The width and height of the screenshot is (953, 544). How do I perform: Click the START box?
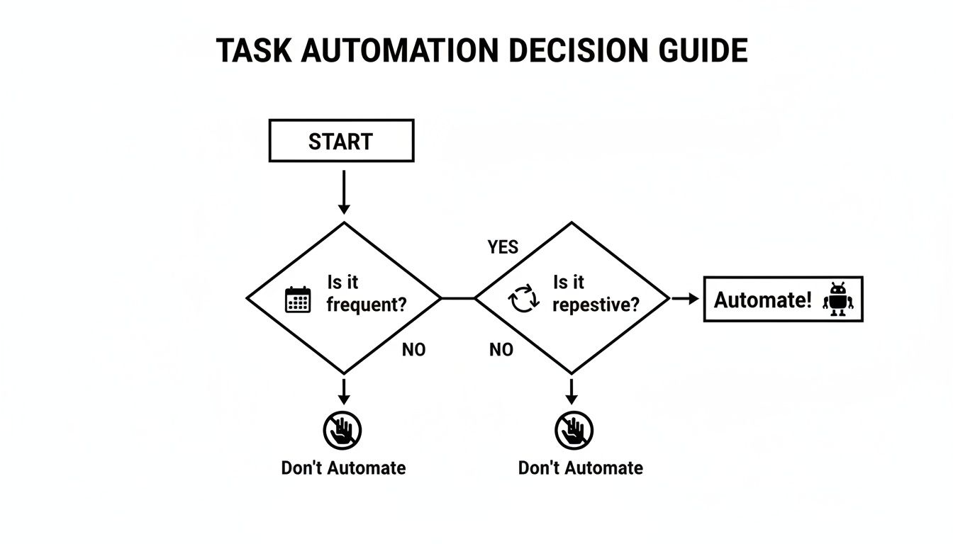pos(341,141)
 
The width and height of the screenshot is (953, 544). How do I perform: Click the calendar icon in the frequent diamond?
pos(298,300)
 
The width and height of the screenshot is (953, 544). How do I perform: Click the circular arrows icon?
pos(525,300)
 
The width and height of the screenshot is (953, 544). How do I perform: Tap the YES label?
pos(503,247)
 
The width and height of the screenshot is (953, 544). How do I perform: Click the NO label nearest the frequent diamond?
pos(413,349)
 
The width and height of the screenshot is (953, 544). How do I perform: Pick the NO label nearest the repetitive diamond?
pos(501,349)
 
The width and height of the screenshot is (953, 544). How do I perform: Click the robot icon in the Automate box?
pos(838,300)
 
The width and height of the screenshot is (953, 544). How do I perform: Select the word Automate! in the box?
pos(762,300)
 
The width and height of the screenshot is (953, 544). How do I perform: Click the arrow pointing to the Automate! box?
pos(685,299)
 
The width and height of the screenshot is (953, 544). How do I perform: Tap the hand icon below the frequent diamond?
pos(343,430)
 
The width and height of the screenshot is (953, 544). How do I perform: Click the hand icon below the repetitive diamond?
pos(573,430)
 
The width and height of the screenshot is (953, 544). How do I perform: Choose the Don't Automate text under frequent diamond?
pos(343,468)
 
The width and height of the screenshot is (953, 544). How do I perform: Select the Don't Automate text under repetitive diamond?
pos(581,468)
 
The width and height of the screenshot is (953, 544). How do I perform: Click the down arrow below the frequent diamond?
pos(344,390)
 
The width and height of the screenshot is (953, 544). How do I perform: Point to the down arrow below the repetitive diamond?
pos(572,390)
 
